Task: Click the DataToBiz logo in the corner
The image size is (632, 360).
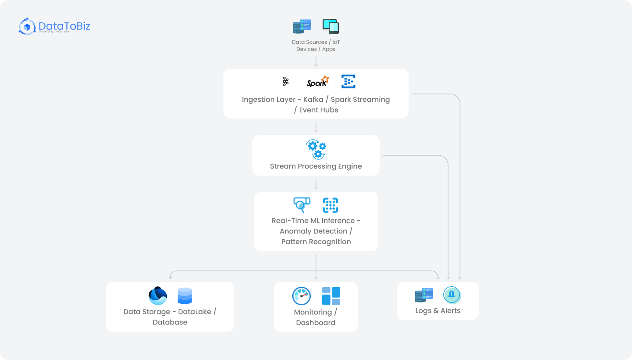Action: click(54, 26)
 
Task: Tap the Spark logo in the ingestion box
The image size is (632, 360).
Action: click(317, 82)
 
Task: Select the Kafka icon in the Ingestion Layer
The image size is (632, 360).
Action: click(286, 82)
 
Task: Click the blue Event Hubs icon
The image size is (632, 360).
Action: click(348, 82)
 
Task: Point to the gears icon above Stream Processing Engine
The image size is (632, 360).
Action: click(316, 149)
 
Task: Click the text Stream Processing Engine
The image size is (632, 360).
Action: click(316, 166)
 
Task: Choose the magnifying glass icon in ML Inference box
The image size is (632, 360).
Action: click(302, 205)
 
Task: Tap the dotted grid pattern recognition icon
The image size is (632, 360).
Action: click(330, 205)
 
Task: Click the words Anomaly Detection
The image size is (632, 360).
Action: click(313, 231)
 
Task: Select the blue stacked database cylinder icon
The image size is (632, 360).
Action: click(185, 296)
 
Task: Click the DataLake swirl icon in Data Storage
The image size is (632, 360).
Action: click(158, 296)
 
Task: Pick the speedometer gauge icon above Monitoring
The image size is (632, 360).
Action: click(302, 296)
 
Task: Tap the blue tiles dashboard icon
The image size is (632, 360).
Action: click(331, 296)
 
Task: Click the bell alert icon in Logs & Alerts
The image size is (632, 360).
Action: click(452, 295)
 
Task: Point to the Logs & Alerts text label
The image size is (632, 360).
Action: click(438, 311)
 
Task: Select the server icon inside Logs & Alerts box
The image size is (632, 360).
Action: click(424, 295)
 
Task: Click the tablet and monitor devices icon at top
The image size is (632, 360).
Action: click(330, 26)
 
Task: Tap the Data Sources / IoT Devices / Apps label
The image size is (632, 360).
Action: click(316, 46)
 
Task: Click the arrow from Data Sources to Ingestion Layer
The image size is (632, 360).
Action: click(316, 61)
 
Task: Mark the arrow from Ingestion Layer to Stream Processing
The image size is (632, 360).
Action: click(316, 127)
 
